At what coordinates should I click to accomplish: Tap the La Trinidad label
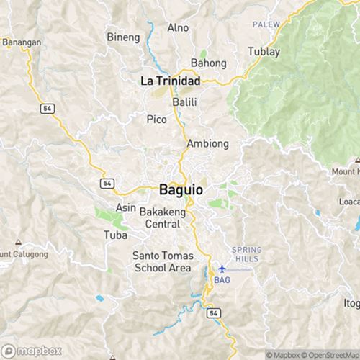pyautogui.click(x=170, y=81)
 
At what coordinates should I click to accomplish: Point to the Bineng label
pyautogui.click(x=121, y=37)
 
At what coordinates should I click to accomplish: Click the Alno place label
pyautogui.click(x=177, y=28)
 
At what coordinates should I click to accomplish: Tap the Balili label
pyautogui.click(x=185, y=102)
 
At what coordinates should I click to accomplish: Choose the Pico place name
pyautogui.click(x=156, y=119)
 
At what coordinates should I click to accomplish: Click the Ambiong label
pyautogui.click(x=207, y=144)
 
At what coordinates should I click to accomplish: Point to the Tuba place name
pyautogui.click(x=115, y=235)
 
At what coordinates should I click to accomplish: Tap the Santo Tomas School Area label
pyautogui.click(x=162, y=262)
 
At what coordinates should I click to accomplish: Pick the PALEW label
pyautogui.click(x=265, y=24)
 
